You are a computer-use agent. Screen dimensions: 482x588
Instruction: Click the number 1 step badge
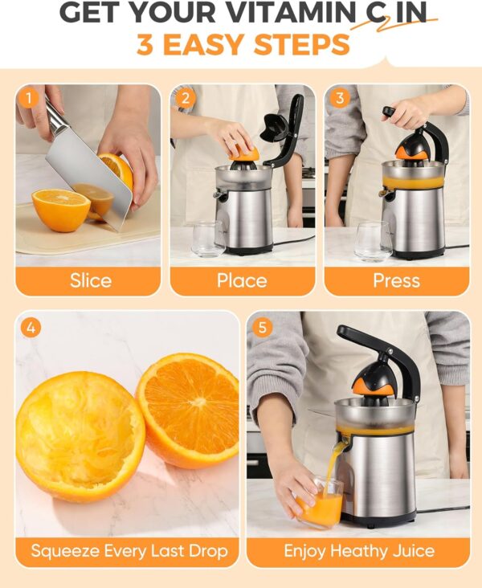click(x=28, y=98)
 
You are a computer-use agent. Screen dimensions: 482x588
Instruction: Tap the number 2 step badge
click(x=185, y=98)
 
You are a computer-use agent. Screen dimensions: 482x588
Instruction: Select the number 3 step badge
click(x=340, y=98)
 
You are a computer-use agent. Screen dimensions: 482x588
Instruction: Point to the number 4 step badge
click(x=31, y=328)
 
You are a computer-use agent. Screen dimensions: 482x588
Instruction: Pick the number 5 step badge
click(x=262, y=328)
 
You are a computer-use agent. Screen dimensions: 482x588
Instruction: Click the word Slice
click(x=91, y=280)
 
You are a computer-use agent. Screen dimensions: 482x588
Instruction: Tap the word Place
click(x=242, y=280)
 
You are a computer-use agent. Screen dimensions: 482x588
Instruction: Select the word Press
click(x=397, y=280)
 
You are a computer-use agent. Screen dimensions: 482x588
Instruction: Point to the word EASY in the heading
click(x=203, y=45)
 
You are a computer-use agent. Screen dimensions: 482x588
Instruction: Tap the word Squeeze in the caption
click(x=65, y=551)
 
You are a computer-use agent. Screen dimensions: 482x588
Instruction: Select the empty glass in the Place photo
click(x=208, y=239)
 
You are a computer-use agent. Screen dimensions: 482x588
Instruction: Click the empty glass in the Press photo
click(x=374, y=242)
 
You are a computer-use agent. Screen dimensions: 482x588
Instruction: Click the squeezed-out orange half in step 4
click(x=80, y=436)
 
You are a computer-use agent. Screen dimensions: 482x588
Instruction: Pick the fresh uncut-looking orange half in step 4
click(x=187, y=410)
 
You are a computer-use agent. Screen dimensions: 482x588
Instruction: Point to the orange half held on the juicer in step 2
click(x=244, y=154)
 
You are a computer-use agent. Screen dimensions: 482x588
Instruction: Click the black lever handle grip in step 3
click(x=389, y=112)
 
